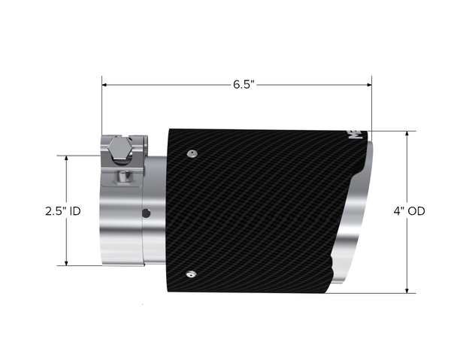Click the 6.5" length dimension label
coord(243,85)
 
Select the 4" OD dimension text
coord(409,212)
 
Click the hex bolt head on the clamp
coord(117,149)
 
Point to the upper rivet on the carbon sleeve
coord(193,154)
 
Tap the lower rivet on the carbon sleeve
coord(193,274)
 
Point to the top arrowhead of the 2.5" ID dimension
coord(67,159)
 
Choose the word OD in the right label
coord(416,212)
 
